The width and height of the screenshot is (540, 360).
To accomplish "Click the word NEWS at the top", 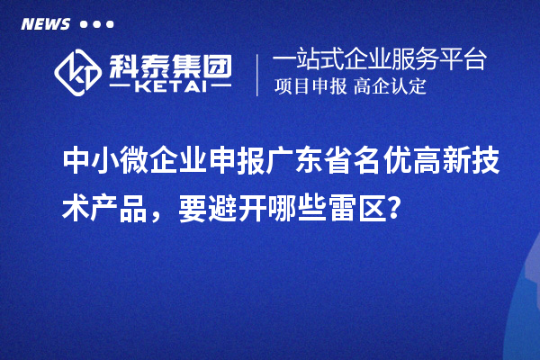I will (44, 24).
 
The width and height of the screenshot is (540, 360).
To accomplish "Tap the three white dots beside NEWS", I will (96, 24).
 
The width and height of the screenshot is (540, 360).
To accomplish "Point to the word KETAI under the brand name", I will (172, 87).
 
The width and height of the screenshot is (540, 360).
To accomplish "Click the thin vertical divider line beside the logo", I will (258, 75).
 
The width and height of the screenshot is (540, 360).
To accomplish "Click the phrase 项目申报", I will (307, 87).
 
